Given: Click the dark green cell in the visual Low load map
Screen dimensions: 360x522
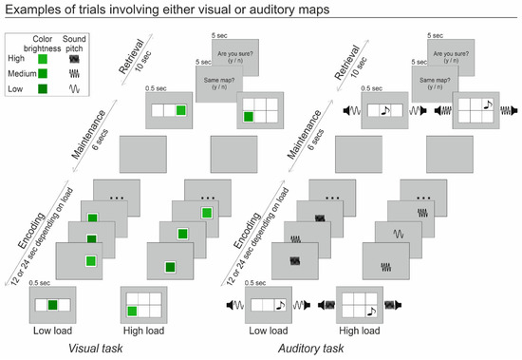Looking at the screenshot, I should (55, 306).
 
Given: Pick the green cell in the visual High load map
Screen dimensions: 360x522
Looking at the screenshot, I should (133, 311).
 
